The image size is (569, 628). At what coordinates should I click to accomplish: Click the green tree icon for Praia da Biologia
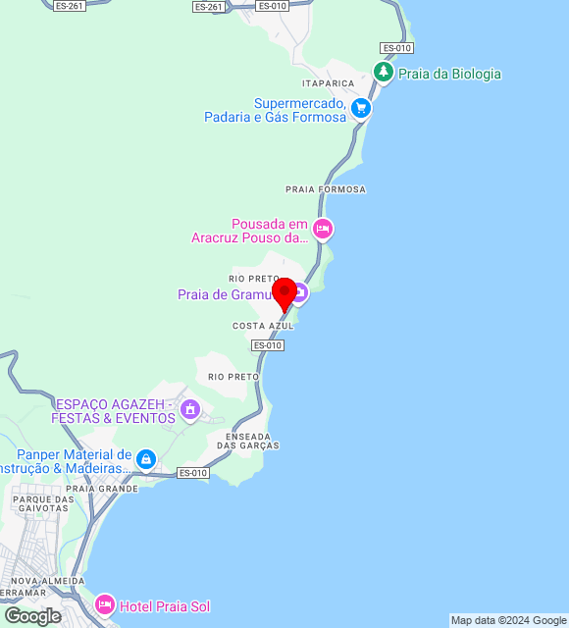click(383, 74)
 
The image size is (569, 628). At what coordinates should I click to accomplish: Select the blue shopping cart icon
click(361, 109)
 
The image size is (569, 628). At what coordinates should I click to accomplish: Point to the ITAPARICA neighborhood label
click(328, 84)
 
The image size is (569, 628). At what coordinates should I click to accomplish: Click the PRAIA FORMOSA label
click(326, 189)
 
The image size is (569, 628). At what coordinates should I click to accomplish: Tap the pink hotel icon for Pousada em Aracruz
click(323, 231)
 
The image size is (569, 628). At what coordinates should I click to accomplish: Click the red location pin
click(284, 294)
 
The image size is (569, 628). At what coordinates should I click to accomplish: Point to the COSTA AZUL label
click(263, 326)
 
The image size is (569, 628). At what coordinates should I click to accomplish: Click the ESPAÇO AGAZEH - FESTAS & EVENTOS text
click(115, 411)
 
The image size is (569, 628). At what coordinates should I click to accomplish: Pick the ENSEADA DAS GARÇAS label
click(246, 441)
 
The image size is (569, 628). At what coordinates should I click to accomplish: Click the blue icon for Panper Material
click(145, 459)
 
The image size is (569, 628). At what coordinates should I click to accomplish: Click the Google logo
click(32, 616)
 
